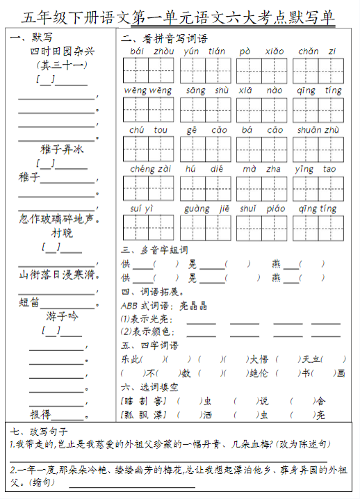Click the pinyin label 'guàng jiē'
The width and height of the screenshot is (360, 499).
tap(206, 208)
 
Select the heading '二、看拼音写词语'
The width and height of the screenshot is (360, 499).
tap(164, 39)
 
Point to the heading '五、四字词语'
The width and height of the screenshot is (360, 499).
tap(149, 345)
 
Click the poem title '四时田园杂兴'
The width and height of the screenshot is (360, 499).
tap(62, 51)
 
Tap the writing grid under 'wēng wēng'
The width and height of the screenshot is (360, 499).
tap(148, 109)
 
